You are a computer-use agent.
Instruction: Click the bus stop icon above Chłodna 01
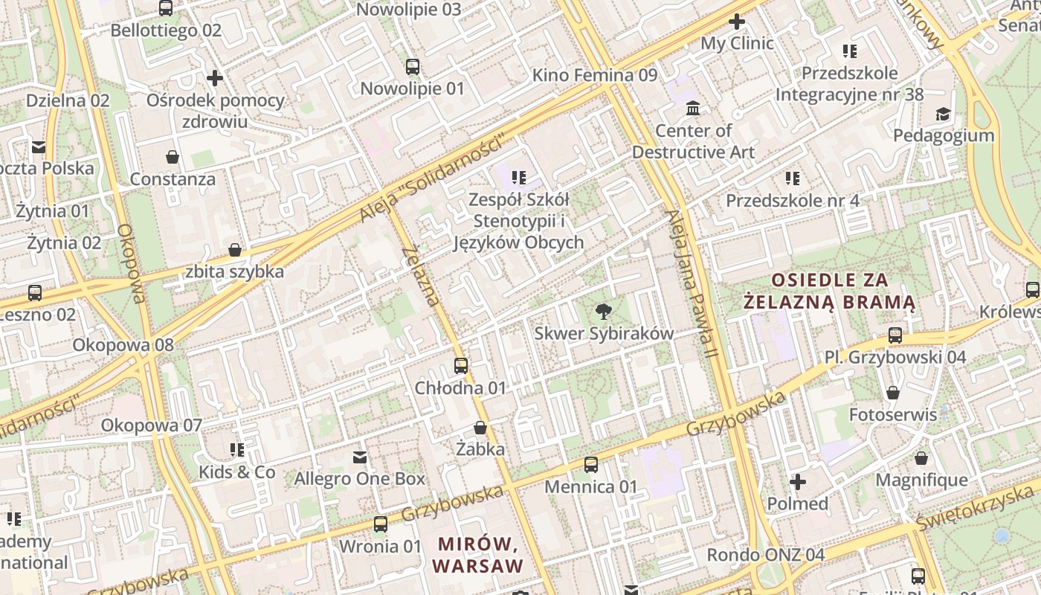coord(461,365)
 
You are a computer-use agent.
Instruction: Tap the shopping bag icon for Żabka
coord(480,428)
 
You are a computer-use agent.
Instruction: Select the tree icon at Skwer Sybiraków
coord(604,312)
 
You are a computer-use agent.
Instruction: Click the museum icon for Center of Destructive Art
coord(693,109)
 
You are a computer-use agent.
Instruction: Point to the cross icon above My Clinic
coord(737,22)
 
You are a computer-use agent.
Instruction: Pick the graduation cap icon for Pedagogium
coord(943,114)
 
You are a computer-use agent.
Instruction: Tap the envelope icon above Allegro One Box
coord(360,457)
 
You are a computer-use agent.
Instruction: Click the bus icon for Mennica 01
coord(591,465)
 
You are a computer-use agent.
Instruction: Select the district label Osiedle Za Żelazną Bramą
coord(830,291)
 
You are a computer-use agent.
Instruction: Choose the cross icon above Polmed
coord(797,482)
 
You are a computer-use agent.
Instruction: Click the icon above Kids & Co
coord(237,450)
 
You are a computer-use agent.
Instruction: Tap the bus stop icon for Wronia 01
coord(381,524)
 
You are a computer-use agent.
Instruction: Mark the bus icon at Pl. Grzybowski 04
coord(895,335)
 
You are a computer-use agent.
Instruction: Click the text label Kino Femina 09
coord(595,75)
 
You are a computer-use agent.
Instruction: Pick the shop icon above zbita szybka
coord(235,250)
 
